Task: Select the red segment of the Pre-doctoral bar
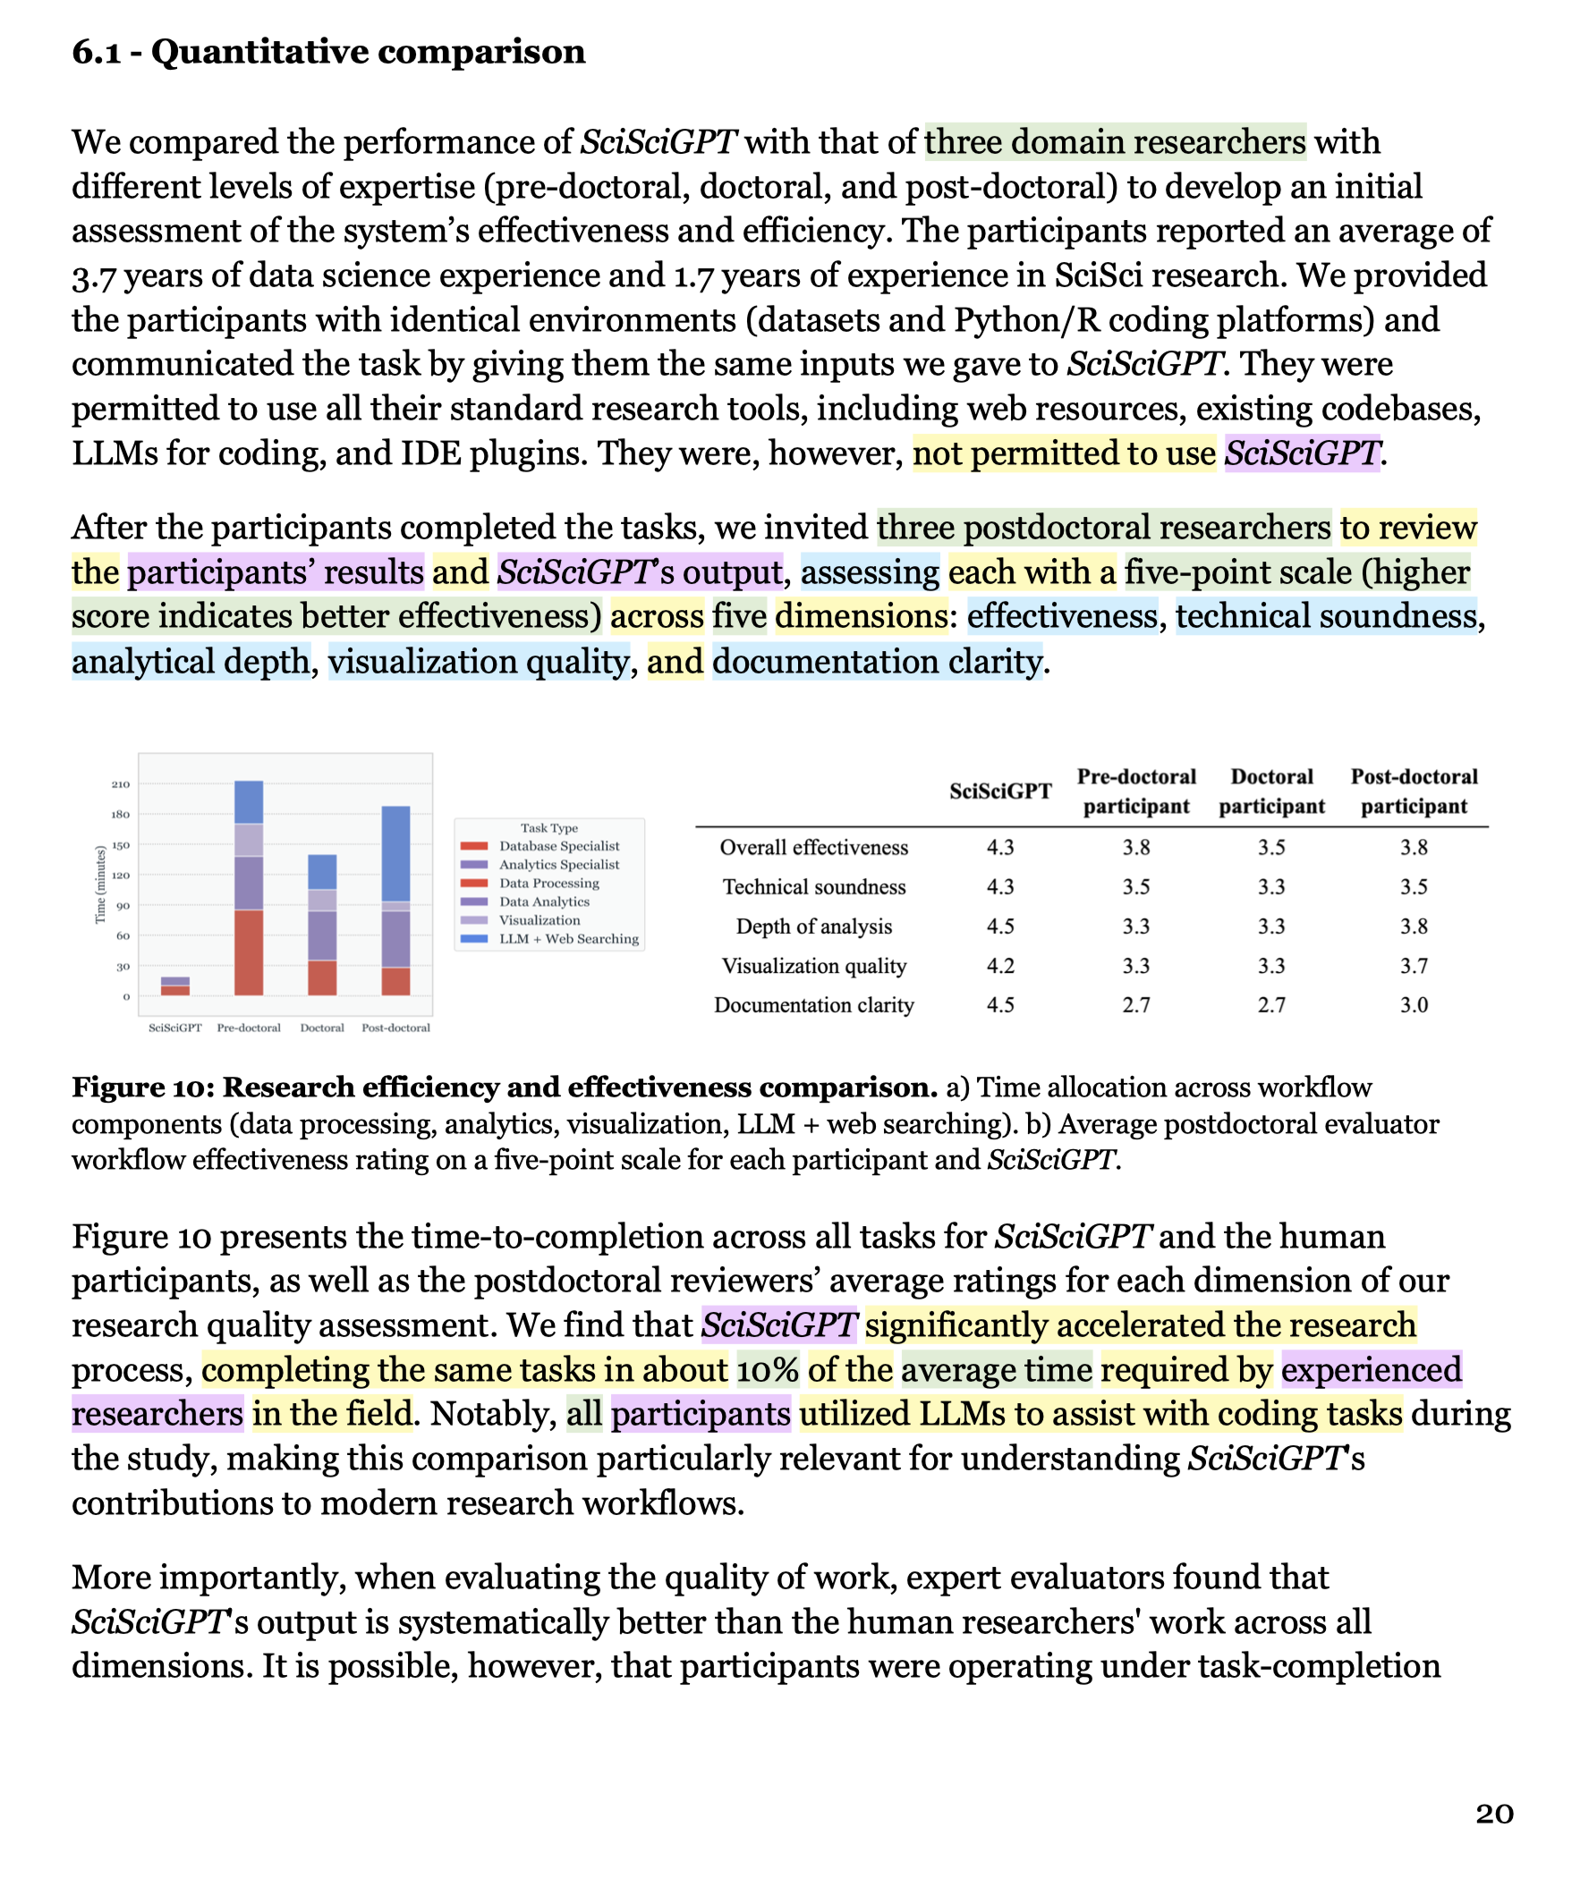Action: pos(249,952)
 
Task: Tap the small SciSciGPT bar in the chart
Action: pos(175,986)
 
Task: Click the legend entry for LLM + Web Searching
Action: pos(568,939)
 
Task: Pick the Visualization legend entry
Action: pos(539,920)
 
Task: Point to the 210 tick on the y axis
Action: pos(121,784)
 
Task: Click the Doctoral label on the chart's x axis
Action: pos(322,1028)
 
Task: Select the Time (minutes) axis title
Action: pos(101,885)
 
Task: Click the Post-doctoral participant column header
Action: pos(1414,791)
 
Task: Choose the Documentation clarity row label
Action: pos(814,1004)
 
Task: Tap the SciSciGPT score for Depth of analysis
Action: pos(1000,927)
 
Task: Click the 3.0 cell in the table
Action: pos(1414,1004)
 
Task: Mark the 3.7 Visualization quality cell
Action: pos(1414,966)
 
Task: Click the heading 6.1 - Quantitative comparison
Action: pos(329,52)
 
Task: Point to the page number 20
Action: pos(1495,1814)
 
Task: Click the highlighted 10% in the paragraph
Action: pos(768,1369)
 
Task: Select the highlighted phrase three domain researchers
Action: pos(1116,142)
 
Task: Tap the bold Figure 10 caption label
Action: pos(505,1087)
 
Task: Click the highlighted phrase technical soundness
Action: pos(1326,616)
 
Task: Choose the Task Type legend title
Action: pos(549,827)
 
